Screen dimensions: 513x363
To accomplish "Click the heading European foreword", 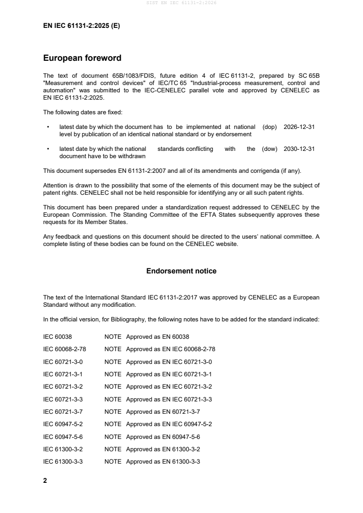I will (82, 58).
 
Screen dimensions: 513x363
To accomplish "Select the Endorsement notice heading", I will (181, 271).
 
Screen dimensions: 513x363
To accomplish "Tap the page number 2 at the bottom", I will (45, 481).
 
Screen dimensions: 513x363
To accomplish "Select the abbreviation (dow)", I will (270, 149).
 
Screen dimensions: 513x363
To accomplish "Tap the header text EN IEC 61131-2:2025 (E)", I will (81, 26).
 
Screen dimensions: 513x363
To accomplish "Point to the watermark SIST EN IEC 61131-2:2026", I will (181, 3).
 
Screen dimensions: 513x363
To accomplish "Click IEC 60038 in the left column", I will (57, 337).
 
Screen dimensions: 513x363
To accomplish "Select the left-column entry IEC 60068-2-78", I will (65, 349).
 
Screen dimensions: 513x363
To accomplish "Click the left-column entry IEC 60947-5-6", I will (63, 437).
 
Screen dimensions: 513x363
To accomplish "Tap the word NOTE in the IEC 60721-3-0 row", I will (113, 362).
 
